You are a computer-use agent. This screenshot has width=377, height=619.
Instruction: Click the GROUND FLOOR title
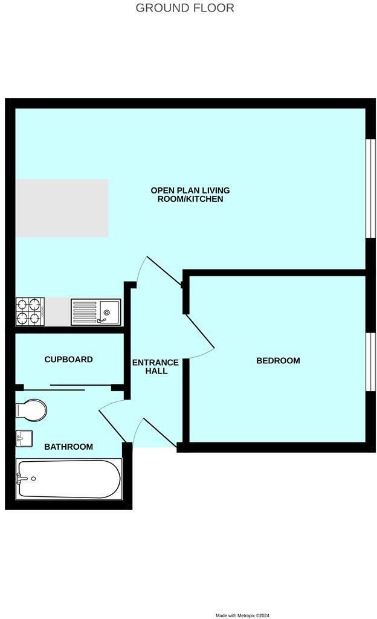coord(184,7)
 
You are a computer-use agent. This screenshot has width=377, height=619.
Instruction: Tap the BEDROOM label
coord(278,360)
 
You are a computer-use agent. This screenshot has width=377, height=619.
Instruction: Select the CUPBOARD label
coord(69,359)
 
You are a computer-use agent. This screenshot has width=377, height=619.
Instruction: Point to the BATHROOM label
coord(69,447)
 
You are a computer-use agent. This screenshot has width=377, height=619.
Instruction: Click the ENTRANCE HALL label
coord(155,367)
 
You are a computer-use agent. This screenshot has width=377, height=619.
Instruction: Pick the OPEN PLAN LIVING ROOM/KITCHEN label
coord(190,195)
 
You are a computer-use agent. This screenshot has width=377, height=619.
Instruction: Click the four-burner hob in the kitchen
coord(30,311)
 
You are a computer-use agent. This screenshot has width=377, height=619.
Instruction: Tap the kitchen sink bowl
coord(109,311)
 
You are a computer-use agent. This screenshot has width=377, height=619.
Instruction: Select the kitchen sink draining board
coord(85,312)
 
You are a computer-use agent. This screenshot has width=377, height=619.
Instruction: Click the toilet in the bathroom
coord(31,410)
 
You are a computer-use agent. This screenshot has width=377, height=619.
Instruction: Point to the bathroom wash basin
coord(24,438)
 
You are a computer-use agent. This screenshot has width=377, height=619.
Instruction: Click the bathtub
coord(69,479)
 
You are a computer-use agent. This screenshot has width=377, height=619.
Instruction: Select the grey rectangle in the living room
coord(62,208)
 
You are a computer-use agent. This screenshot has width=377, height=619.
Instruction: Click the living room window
coord(370,189)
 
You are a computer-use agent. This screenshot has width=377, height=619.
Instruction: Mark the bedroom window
coord(370,362)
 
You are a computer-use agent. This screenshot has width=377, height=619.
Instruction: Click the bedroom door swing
coord(200,336)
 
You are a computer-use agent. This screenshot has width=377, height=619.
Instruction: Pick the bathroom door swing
coord(112,421)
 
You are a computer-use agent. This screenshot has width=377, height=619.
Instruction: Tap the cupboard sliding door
coord(67,387)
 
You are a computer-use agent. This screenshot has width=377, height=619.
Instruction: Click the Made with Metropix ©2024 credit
coord(242,615)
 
